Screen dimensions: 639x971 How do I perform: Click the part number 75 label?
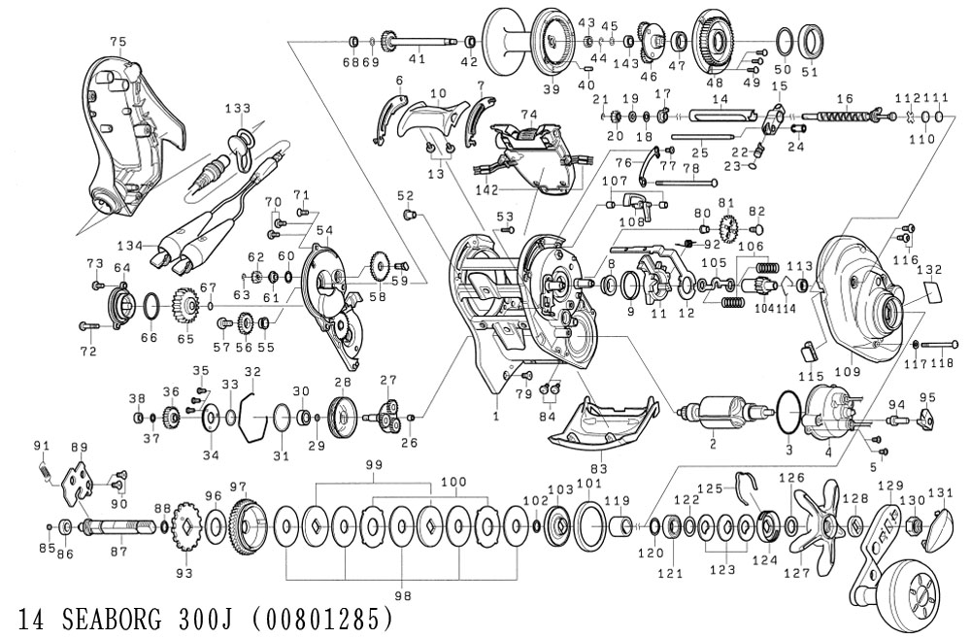[x=118, y=41]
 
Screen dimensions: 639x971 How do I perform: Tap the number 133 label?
[x=238, y=108]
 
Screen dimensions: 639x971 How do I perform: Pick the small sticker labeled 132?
[x=929, y=292]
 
